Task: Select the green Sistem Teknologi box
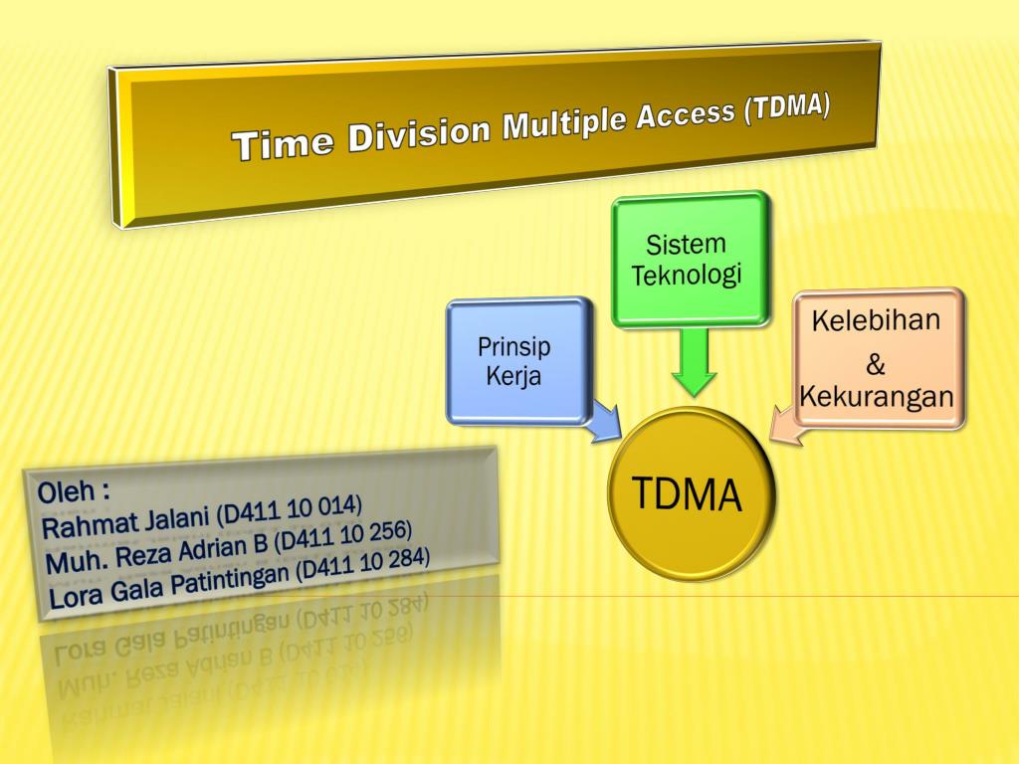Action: [x=690, y=259]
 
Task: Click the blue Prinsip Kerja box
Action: [x=516, y=361]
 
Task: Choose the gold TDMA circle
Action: [x=689, y=494]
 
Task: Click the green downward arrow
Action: [x=694, y=363]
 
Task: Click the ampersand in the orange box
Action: [x=876, y=364]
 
